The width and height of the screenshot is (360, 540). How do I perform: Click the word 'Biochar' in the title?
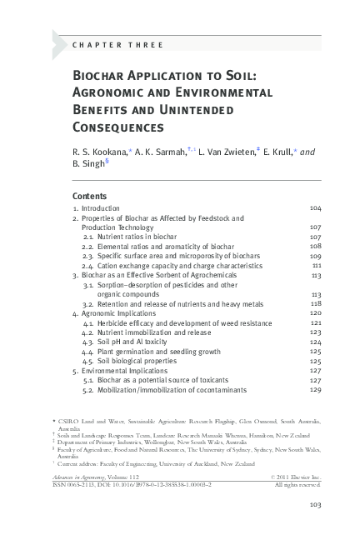102,77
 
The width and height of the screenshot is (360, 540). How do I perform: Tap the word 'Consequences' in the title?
117,128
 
